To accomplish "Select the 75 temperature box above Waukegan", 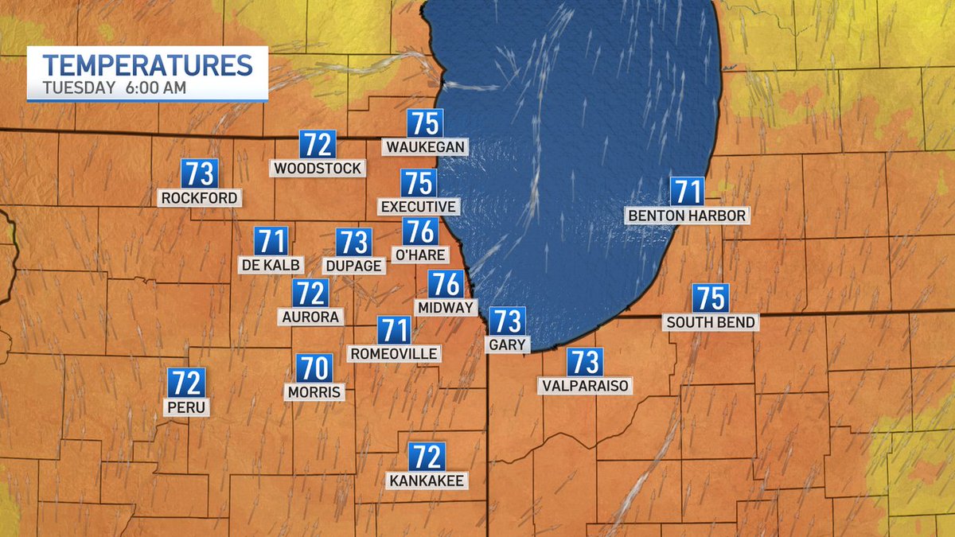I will pyautogui.click(x=425, y=123).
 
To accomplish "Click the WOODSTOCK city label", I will pyautogui.click(x=318, y=168).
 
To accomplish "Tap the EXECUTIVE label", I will pyautogui.click(x=419, y=207).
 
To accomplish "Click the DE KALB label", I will pyautogui.click(x=271, y=264).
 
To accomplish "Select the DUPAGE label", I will pyautogui.click(x=354, y=266).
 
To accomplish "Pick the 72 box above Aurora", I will pyautogui.click(x=310, y=294).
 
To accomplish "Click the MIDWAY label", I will pyautogui.click(x=446, y=307).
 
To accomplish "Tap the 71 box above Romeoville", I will pyautogui.click(x=393, y=330).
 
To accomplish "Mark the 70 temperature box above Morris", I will pyautogui.click(x=314, y=368).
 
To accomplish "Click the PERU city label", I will pyautogui.click(x=186, y=407).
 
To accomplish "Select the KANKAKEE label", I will pyautogui.click(x=427, y=481).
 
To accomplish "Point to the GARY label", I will pyautogui.click(x=506, y=344).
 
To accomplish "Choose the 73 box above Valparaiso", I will pyautogui.click(x=584, y=362).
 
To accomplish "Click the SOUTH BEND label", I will pyautogui.click(x=711, y=322).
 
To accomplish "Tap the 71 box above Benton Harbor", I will pyautogui.click(x=687, y=192).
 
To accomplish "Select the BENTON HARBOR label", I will pyautogui.click(x=687, y=216).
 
